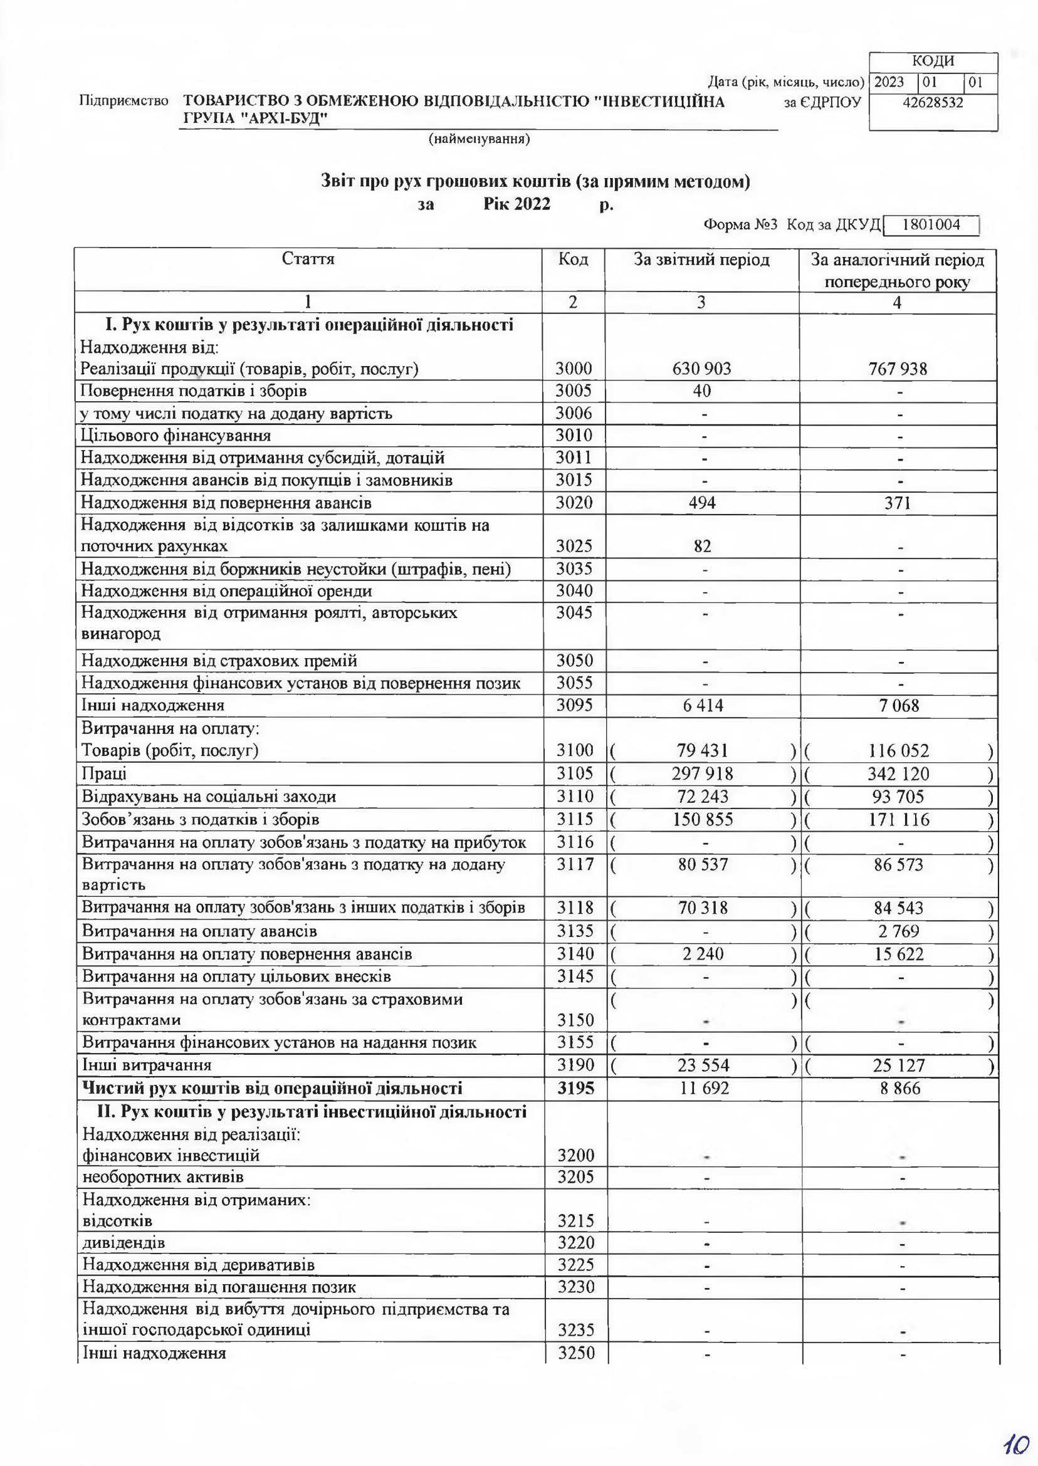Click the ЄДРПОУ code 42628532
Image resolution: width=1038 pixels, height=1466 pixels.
pyautogui.click(x=933, y=102)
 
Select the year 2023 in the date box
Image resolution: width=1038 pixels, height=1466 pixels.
pyautogui.click(x=889, y=83)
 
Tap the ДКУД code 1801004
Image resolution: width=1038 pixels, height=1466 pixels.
pyautogui.click(x=932, y=224)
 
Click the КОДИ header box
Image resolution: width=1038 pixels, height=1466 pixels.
pyautogui.click(x=933, y=61)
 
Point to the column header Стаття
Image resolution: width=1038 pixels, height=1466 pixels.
pyautogui.click(x=307, y=259)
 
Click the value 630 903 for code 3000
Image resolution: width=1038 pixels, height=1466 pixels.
pyautogui.click(x=701, y=369)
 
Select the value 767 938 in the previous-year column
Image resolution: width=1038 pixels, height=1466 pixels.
pyautogui.click(x=898, y=369)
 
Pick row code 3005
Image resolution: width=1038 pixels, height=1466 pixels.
pyautogui.click(x=574, y=390)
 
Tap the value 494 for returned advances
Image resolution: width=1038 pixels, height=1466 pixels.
pyautogui.click(x=702, y=503)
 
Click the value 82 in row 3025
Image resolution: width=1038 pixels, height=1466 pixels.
pyautogui.click(x=702, y=547)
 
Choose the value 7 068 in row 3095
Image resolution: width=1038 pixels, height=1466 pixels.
pyautogui.click(x=899, y=706)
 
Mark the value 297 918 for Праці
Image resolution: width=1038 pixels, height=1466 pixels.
pyautogui.click(x=702, y=774)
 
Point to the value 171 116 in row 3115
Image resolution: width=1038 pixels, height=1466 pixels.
pyautogui.click(x=898, y=819)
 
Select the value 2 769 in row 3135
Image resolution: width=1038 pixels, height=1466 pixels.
pyautogui.click(x=899, y=931)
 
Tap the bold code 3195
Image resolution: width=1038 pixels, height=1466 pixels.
pyautogui.click(x=575, y=1088)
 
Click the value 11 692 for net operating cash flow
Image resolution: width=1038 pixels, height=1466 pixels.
pyautogui.click(x=703, y=1088)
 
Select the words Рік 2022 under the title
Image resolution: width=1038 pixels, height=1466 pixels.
pyautogui.click(x=516, y=204)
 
